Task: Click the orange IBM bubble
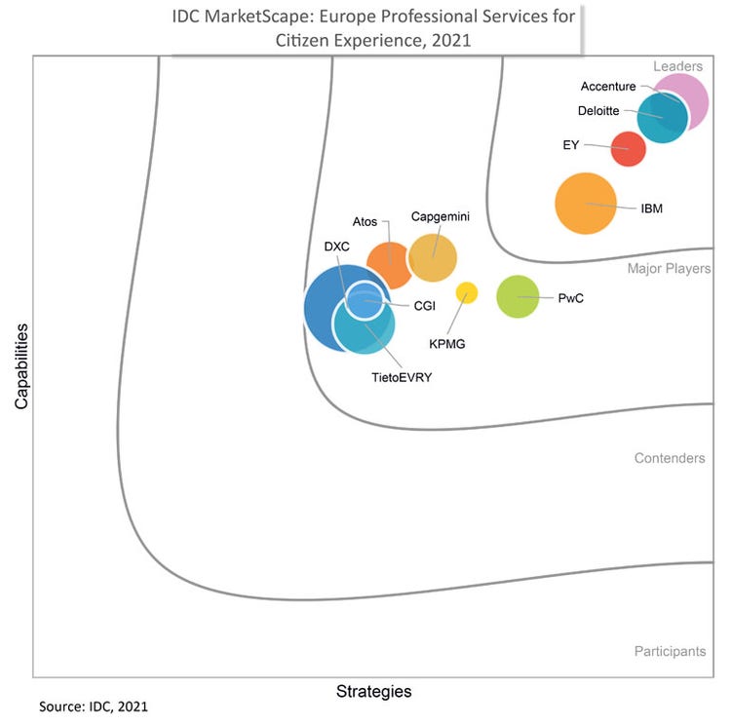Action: pyautogui.click(x=586, y=204)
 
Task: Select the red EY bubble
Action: pyautogui.click(x=628, y=149)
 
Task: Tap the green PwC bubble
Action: pyautogui.click(x=518, y=296)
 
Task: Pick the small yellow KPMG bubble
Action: pyautogui.click(x=467, y=292)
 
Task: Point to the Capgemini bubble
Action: pyautogui.click(x=433, y=258)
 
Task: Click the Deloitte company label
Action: pyautogui.click(x=598, y=111)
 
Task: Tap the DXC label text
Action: pyautogui.click(x=336, y=247)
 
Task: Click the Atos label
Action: pyautogui.click(x=365, y=222)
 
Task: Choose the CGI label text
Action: pyautogui.click(x=424, y=305)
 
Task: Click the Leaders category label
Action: pyautogui.click(x=677, y=66)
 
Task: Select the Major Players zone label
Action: pyautogui.click(x=669, y=268)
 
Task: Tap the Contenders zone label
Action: pyautogui.click(x=670, y=458)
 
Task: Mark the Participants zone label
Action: pyautogui.click(x=670, y=651)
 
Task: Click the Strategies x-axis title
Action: pyautogui.click(x=373, y=692)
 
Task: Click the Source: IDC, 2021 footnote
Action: pyautogui.click(x=94, y=705)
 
